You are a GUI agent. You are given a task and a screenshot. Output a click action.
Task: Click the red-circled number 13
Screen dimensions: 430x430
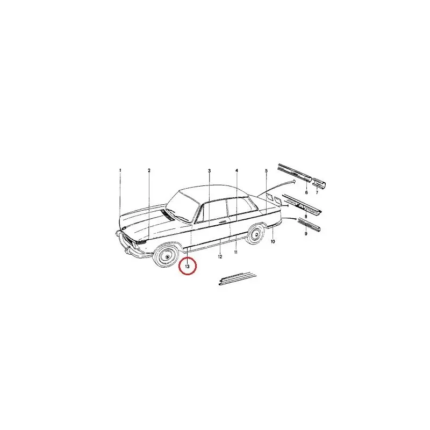[187, 266]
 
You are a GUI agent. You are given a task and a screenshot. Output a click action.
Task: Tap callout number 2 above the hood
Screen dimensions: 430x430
[149, 170]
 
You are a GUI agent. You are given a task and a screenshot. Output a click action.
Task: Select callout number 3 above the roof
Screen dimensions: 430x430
[209, 171]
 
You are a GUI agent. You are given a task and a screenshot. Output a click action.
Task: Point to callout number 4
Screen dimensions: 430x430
[236, 170]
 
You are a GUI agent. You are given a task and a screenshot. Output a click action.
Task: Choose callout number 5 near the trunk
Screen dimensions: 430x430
[266, 171]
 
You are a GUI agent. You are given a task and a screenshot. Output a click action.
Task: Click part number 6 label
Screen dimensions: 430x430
[306, 192]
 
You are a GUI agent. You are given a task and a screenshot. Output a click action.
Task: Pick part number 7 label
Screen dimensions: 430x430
[317, 192]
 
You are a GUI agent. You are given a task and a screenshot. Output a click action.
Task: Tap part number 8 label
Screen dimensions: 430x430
[306, 217]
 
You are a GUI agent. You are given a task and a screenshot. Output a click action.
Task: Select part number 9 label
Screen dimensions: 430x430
[306, 234]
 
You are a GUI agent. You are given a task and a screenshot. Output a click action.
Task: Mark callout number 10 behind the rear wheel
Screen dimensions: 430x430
[273, 241]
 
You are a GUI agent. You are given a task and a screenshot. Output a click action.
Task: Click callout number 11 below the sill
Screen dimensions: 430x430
[236, 252]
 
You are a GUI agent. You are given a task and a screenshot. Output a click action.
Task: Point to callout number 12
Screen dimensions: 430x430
[220, 257]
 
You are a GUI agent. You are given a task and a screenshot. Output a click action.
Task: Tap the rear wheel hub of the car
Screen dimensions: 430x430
[256, 235]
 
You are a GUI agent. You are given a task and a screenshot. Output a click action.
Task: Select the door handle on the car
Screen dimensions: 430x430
[223, 221]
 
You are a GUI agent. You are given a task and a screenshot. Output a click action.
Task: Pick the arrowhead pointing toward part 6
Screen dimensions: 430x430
[294, 181]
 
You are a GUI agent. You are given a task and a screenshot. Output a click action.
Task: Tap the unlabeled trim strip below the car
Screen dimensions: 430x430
[238, 278]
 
